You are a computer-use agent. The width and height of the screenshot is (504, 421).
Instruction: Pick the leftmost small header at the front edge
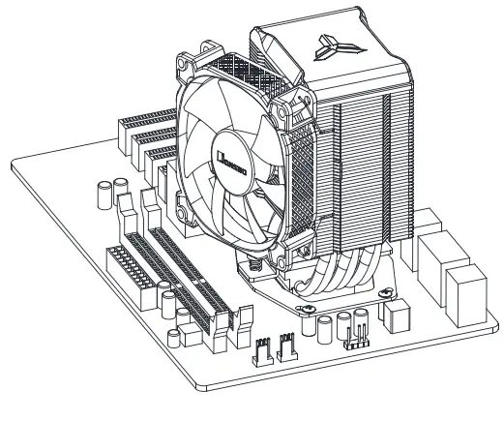(x=262, y=350)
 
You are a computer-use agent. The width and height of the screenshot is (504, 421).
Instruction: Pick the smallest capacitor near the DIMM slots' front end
(x=173, y=337)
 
